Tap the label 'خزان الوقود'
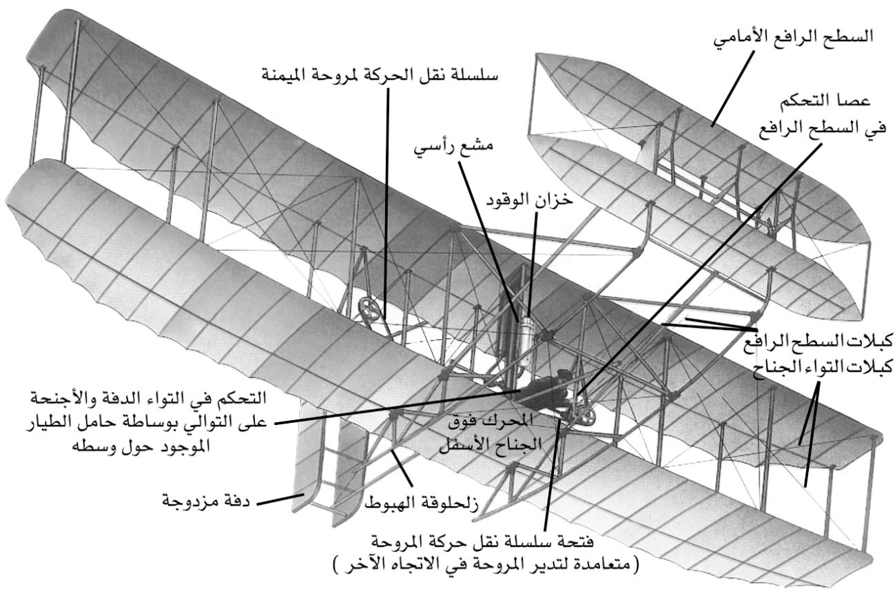(x=529, y=199)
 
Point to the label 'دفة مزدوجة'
(x=206, y=500)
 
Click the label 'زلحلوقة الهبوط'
(x=421, y=504)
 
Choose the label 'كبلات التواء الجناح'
(x=823, y=366)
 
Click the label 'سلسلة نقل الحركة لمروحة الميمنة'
(x=380, y=74)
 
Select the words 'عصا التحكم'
(x=825, y=101)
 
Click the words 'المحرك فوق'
(x=491, y=421)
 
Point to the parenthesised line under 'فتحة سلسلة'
(x=486, y=564)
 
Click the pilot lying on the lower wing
(x=549, y=391)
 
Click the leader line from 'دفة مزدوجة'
(x=280, y=499)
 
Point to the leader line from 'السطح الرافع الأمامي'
(x=732, y=88)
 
